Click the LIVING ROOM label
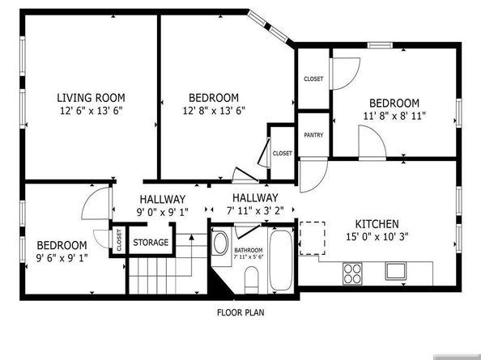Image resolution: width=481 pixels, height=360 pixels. [90, 96]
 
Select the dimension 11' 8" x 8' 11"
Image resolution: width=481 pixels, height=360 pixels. [394, 116]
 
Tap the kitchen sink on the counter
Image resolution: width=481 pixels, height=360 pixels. [395, 269]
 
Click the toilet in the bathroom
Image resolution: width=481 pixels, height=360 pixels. [251, 279]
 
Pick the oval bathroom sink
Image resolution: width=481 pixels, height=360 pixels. [220, 244]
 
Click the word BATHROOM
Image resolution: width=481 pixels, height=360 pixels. [248, 250]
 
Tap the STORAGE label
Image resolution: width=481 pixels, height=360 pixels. [151, 243]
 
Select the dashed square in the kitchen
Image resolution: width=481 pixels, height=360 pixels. [313, 237]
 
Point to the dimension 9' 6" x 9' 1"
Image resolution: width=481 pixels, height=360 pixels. [62, 257]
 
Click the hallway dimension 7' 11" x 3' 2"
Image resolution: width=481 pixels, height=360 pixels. [255, 212]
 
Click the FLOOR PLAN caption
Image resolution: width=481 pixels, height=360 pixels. [240, 311]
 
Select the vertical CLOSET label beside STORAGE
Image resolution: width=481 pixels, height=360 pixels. [118, 241]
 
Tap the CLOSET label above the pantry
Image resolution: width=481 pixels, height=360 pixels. [313, 78]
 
